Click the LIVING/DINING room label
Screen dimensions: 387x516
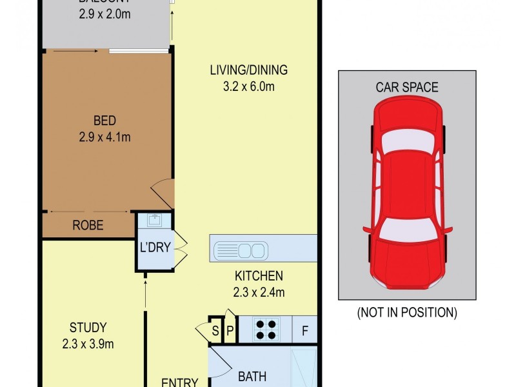pos(248,70)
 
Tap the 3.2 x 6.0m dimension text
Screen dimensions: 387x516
pos(248,86)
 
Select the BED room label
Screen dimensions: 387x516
pos(104,121)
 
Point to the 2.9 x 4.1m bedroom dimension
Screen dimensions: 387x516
pos(104,136)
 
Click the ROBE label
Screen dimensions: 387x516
pos(88,226)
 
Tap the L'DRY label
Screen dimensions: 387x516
pos(154,247)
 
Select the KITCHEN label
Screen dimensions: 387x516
pos(259,276)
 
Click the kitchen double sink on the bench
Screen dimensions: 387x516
pos(239,248)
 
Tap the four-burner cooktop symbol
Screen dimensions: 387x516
pos(266,330)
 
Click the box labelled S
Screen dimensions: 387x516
pos(215,331)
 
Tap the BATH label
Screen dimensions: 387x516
pos(252,376)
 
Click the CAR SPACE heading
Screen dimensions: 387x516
pos(407,87)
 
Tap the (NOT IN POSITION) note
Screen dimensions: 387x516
pos(407,313)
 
